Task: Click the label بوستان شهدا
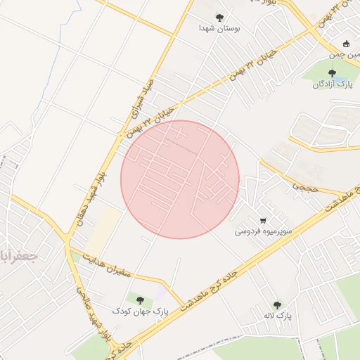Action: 220,29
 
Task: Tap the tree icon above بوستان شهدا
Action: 220,18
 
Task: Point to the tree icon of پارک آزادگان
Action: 332,72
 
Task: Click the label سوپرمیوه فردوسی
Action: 262,231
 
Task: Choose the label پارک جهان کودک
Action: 141,310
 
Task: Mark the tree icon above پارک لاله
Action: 277,305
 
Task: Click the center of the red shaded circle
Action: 180,179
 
